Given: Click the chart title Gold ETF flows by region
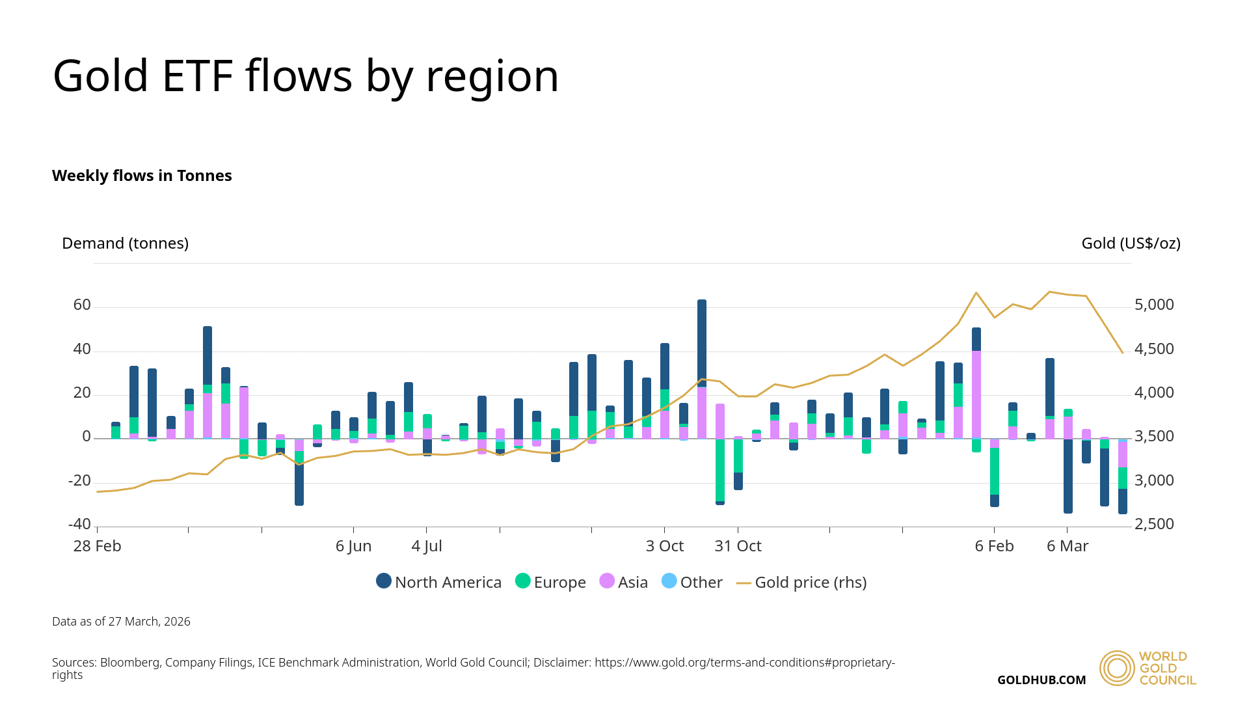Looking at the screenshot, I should (306, 76).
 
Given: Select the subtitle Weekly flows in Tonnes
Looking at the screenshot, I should (142, 176).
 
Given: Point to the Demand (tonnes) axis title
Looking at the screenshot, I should (125, 243).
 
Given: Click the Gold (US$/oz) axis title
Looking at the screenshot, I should (1131, 243).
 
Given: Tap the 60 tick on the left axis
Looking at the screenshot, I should (82, 305).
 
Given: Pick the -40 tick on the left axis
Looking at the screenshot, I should (79, 525).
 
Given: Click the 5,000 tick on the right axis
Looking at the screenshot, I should (1154, 305).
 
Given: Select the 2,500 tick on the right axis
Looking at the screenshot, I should (1154, 525).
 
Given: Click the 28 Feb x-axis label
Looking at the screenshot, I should (97, 546).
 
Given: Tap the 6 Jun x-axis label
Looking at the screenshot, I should (353, 546).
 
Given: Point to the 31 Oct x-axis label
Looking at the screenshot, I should (738, 546).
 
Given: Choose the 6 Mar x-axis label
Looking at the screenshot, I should (1068, 546).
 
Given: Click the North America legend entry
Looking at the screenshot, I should (439, 582).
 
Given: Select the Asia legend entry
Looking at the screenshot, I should (624, 582).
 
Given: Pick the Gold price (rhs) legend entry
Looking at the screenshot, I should (801, 582).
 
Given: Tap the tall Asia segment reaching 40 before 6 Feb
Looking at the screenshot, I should (976, 394).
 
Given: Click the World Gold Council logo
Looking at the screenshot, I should (1148, 668).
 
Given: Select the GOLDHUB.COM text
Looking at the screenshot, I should (1041, 680).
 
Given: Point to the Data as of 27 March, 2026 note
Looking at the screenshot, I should (121, 622).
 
